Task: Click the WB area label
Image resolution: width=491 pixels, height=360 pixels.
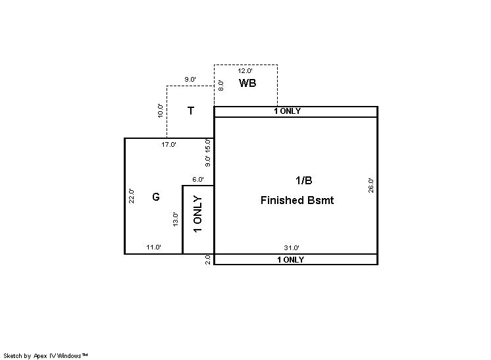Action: pos(247,83)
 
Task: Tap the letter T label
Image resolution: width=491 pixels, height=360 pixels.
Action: pos(191,111)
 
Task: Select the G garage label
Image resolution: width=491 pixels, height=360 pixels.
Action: pos(156,197)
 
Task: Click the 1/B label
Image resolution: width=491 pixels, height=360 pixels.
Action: pos(303,180)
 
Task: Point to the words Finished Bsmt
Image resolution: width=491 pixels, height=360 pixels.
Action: pos(297,200)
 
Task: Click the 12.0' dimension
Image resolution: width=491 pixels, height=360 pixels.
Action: pos(245,70)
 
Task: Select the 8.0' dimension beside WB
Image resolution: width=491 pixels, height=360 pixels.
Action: pos(220,86)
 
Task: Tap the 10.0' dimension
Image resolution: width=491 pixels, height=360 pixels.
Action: pos(161,111)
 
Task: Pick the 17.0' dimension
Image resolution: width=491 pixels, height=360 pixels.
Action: pos(168,144)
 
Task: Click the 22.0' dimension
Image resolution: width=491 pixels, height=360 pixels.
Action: pos(132,196)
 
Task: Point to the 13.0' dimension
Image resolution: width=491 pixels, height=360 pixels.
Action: pos(175,219)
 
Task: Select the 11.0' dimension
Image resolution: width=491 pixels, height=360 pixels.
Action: pos(154,247)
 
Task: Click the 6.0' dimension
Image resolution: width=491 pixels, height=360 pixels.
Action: pos(198,180)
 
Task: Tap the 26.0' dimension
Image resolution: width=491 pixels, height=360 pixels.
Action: pos(371,186)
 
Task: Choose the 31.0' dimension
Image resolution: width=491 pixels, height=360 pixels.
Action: pos(292,247)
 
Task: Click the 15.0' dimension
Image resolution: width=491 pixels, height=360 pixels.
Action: pos(207,145)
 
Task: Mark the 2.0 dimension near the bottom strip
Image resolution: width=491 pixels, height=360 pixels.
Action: pos(207,260)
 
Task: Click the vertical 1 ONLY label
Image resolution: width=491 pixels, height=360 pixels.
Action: pos(198,214)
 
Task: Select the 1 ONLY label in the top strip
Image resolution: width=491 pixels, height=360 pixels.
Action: pos(287,111)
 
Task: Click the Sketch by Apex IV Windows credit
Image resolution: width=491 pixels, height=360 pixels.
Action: pos(45,355)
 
